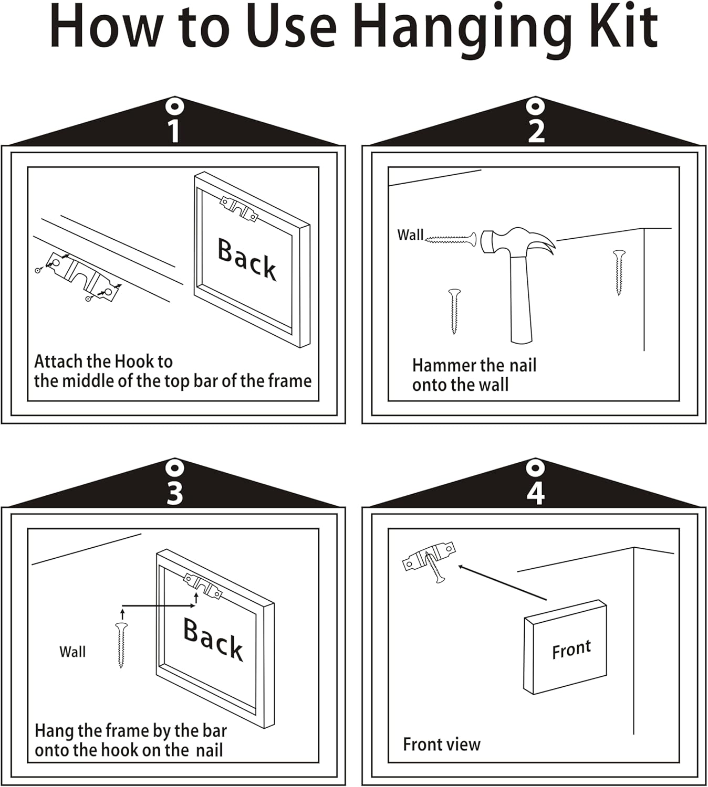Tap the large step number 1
pos(174,131)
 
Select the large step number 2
pos(536,131)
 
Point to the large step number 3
pos(174,493)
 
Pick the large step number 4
pos(536,493)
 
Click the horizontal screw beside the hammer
pos(451,239)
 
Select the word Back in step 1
pos(247,259)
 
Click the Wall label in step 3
pos(72,652)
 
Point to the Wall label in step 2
pos(410,235)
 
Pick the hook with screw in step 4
pos(429,559)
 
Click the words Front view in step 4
pos(442,744)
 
